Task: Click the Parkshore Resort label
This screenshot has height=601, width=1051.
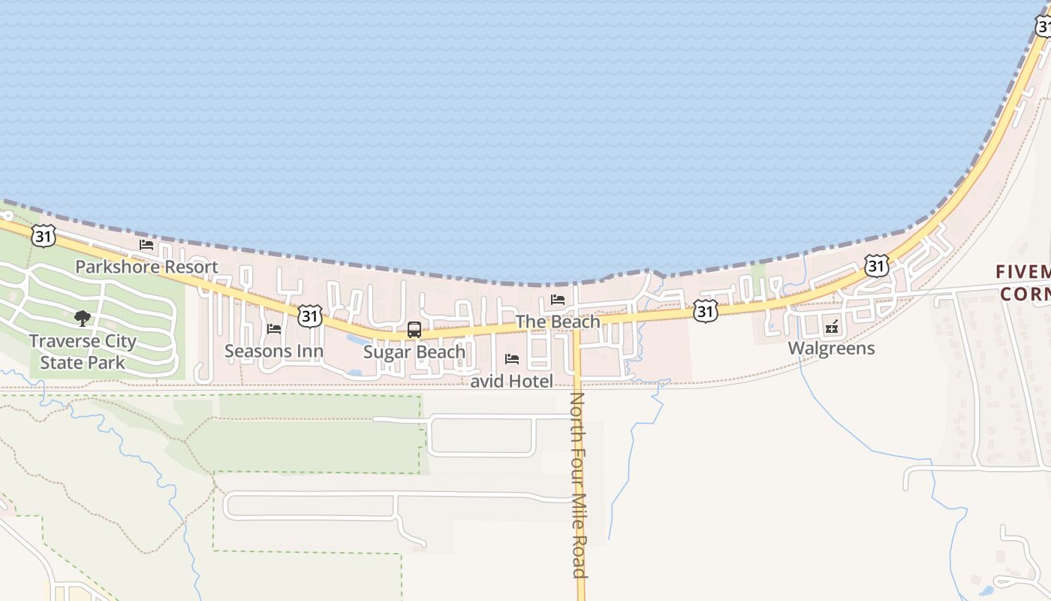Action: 146,267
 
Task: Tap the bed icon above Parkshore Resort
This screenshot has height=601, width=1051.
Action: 146,245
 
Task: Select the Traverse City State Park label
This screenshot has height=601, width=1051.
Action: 83,352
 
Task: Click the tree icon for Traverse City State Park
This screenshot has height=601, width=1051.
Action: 83,319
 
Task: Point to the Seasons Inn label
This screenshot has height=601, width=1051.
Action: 274,351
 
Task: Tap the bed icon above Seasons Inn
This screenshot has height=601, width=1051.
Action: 274,329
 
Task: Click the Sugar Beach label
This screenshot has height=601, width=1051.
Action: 414,352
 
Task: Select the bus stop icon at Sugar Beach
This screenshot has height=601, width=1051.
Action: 414,329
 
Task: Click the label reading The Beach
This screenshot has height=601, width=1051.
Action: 558,322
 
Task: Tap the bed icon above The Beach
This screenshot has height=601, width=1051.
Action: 558,300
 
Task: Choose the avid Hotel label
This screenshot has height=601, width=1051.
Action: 512,381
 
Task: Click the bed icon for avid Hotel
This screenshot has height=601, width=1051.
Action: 512,359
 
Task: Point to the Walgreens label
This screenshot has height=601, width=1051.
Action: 831,348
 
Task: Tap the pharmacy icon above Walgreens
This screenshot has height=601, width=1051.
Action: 831,326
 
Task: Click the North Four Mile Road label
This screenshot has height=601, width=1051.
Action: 578,485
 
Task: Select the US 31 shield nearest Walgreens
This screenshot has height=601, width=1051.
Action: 876,265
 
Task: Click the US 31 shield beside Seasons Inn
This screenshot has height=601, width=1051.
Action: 309,316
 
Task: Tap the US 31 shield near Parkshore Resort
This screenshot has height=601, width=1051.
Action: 44,236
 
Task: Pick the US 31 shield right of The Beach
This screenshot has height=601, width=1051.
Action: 705,311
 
